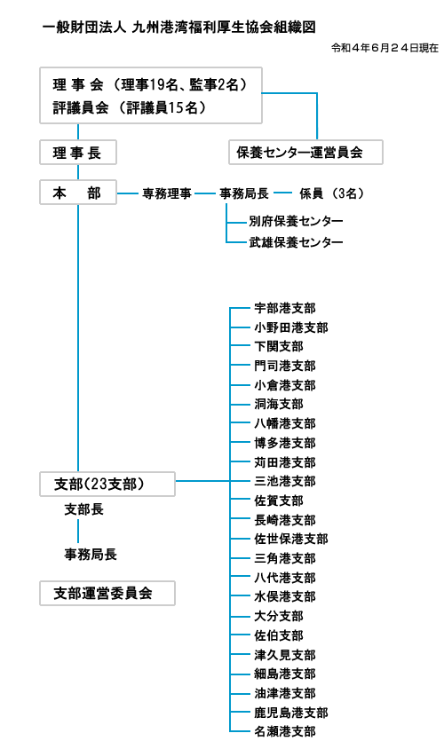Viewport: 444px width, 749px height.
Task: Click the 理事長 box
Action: point(78,153)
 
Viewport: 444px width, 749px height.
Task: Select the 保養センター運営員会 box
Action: point(305,153)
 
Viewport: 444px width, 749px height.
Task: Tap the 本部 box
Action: point(78,193)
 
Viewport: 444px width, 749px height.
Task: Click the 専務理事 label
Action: point(167,193)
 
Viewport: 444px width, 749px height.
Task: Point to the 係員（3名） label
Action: point(332,193)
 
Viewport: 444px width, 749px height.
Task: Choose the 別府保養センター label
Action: point(296,221)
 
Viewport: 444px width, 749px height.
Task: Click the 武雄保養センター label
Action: point(296,242)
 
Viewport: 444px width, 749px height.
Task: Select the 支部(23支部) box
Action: point(107,484)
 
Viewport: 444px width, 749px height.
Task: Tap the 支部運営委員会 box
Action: point(107,594)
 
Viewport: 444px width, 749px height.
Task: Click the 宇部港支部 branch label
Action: point(285,308)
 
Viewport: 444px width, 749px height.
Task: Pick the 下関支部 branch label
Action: point(279,346)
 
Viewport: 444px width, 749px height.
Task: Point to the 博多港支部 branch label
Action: point(285,443)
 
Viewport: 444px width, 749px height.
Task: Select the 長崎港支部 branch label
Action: point(285,520)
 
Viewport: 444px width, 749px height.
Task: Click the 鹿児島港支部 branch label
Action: point(291,713)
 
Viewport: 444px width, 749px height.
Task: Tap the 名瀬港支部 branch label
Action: point(285,731)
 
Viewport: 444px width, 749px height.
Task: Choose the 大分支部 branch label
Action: point(279,616)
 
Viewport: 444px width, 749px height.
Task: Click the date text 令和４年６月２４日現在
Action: point(385,48)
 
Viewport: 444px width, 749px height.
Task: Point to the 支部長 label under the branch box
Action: point(84,509)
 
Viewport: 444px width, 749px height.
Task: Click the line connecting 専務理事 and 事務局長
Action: point(205,193)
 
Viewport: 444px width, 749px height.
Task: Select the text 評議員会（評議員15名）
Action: point(130,107)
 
